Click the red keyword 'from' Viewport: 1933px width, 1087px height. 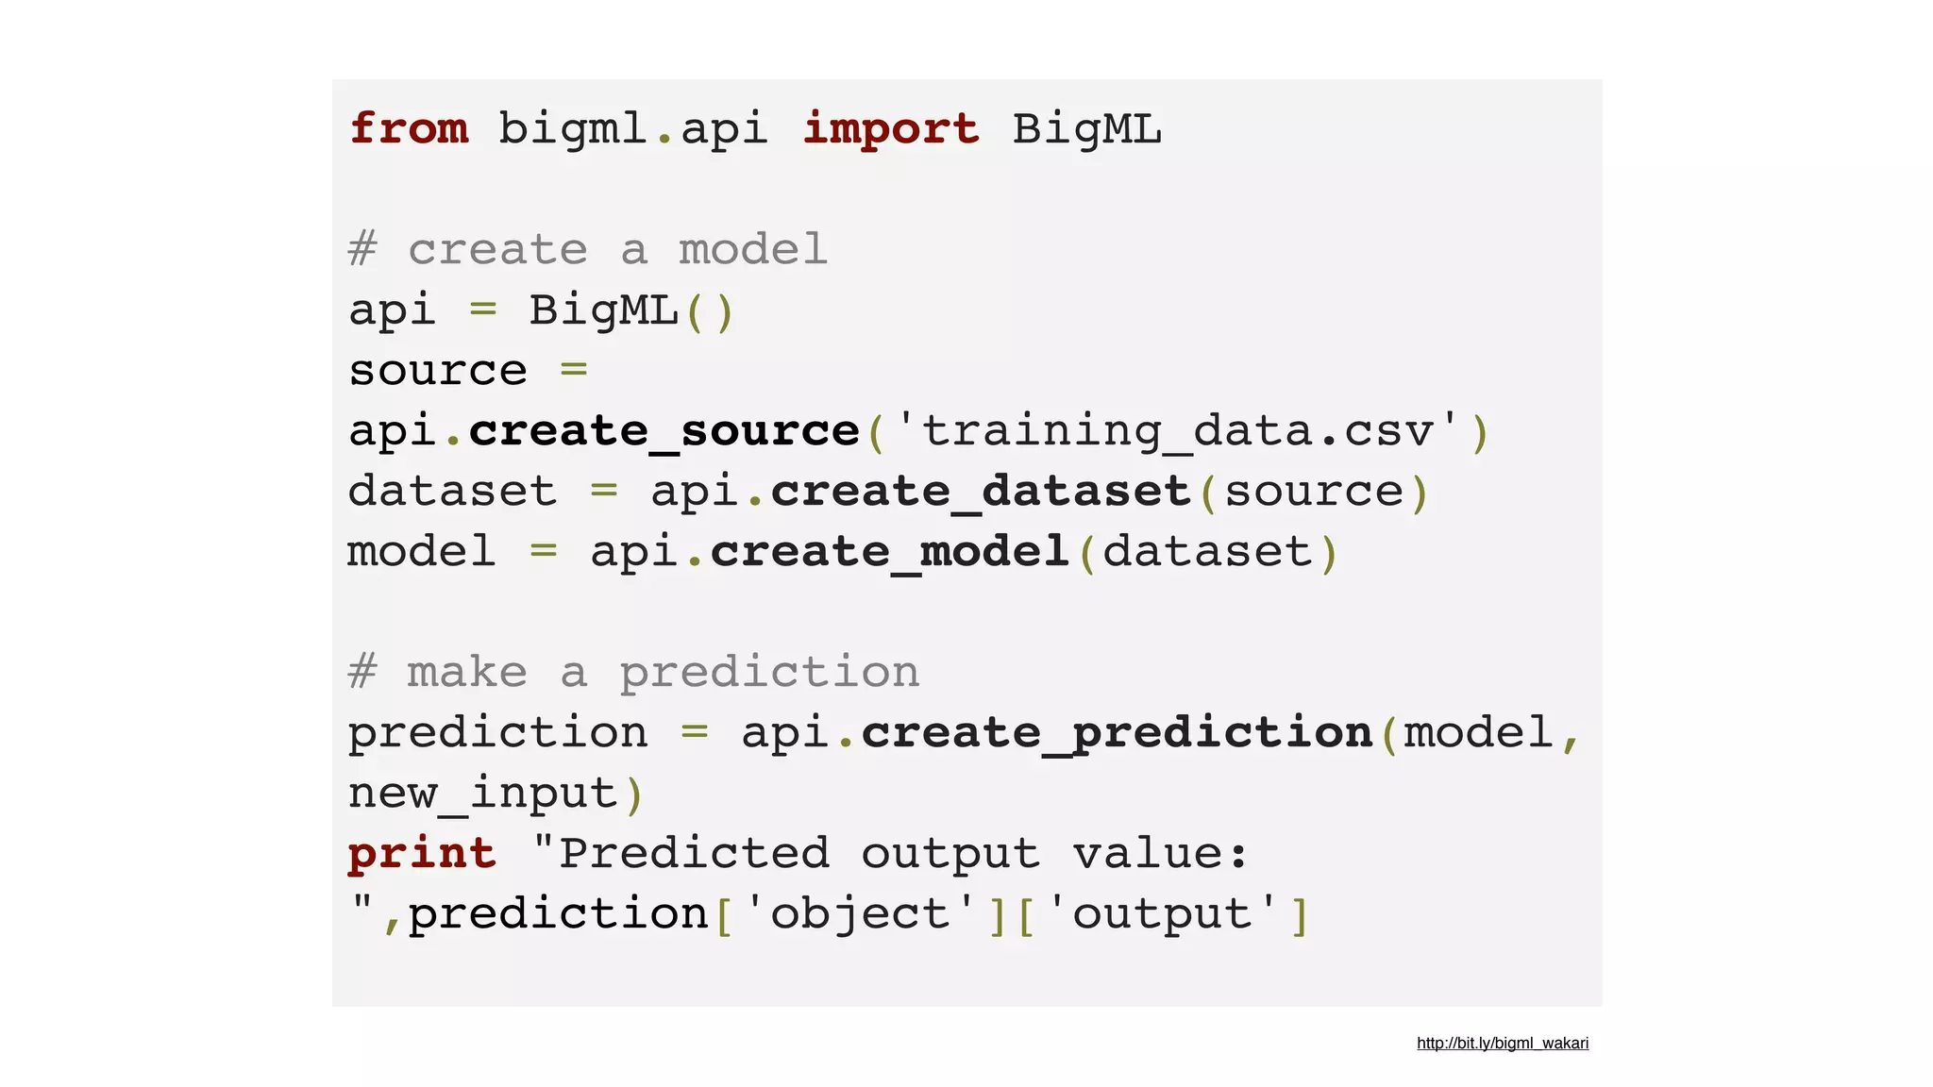409,129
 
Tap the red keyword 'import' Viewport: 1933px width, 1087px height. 891,129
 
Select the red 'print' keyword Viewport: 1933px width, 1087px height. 422,854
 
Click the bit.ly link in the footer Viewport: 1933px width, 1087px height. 1502,1043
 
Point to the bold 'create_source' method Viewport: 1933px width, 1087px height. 664,432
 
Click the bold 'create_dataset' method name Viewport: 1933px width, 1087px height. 981,492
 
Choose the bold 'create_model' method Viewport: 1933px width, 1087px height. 889,552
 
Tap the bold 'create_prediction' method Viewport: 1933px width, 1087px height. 1117,733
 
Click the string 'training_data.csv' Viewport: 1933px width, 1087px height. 1177,431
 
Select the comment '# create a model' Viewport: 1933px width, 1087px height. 587,250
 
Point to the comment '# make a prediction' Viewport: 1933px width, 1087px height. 633,673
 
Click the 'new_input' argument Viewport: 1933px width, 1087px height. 482,794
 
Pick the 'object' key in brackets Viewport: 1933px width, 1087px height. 860,914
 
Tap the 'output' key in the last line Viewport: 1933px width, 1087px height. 1162,914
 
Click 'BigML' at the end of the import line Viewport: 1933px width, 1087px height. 1086,129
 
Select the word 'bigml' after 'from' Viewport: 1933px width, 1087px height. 572,129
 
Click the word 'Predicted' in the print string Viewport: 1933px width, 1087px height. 694,854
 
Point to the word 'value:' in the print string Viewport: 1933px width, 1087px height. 1161,854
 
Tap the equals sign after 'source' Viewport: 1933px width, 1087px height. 574,370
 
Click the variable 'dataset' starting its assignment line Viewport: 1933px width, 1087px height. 452,492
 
